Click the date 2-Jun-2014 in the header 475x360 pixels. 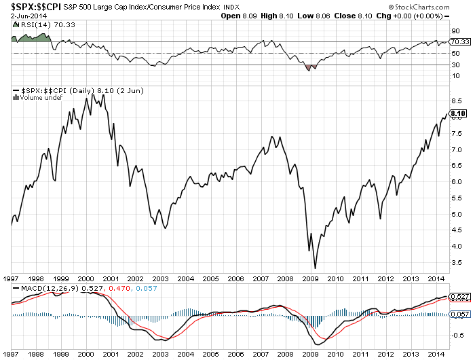coord(21,16)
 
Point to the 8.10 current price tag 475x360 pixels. coord(457,113)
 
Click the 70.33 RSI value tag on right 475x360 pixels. coord(457,42)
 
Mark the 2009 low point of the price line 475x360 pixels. coord(315,268)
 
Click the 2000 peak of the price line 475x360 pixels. coord(92,94)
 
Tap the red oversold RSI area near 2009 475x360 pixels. coord(311,67)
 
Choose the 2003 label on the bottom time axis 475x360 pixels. coord(161,278)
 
